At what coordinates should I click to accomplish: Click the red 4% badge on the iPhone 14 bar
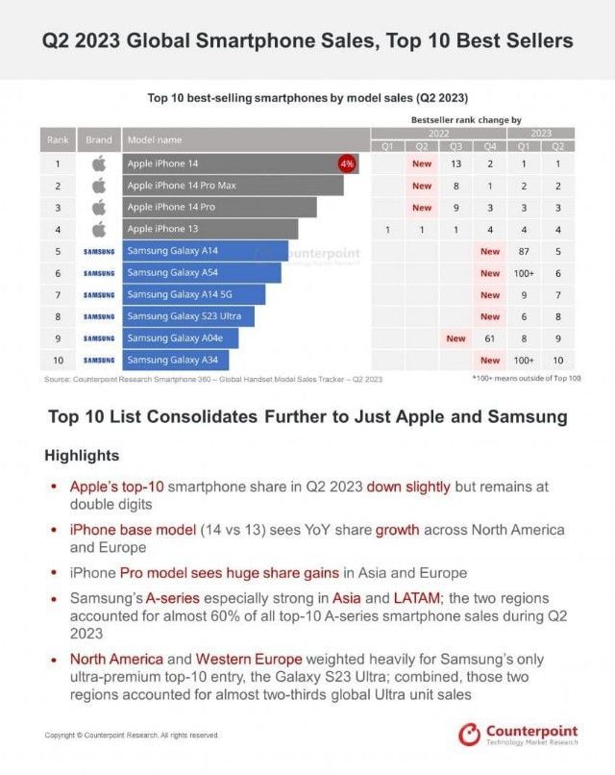point(347,163)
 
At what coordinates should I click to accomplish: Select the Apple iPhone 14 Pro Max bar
point(234,185)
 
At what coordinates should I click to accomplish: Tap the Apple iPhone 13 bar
point(210,229)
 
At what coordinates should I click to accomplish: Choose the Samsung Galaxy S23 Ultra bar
point(189,316)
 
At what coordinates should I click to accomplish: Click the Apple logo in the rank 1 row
point(98,163)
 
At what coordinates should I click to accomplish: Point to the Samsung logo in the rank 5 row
point(99,251)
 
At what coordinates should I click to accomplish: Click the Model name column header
point(154,140)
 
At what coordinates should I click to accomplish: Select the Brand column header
point(99,140)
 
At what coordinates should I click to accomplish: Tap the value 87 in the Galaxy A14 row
point(525,251)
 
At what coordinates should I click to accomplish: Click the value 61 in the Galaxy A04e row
point(490,338)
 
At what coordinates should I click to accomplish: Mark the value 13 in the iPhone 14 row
point(455,163)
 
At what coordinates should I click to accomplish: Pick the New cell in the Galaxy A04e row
point(455,338)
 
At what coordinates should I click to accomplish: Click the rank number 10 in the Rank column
point(58,360)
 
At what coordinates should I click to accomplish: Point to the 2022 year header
point(438,133)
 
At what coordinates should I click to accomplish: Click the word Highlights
point(83,455)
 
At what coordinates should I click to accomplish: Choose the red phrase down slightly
point(408,487)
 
